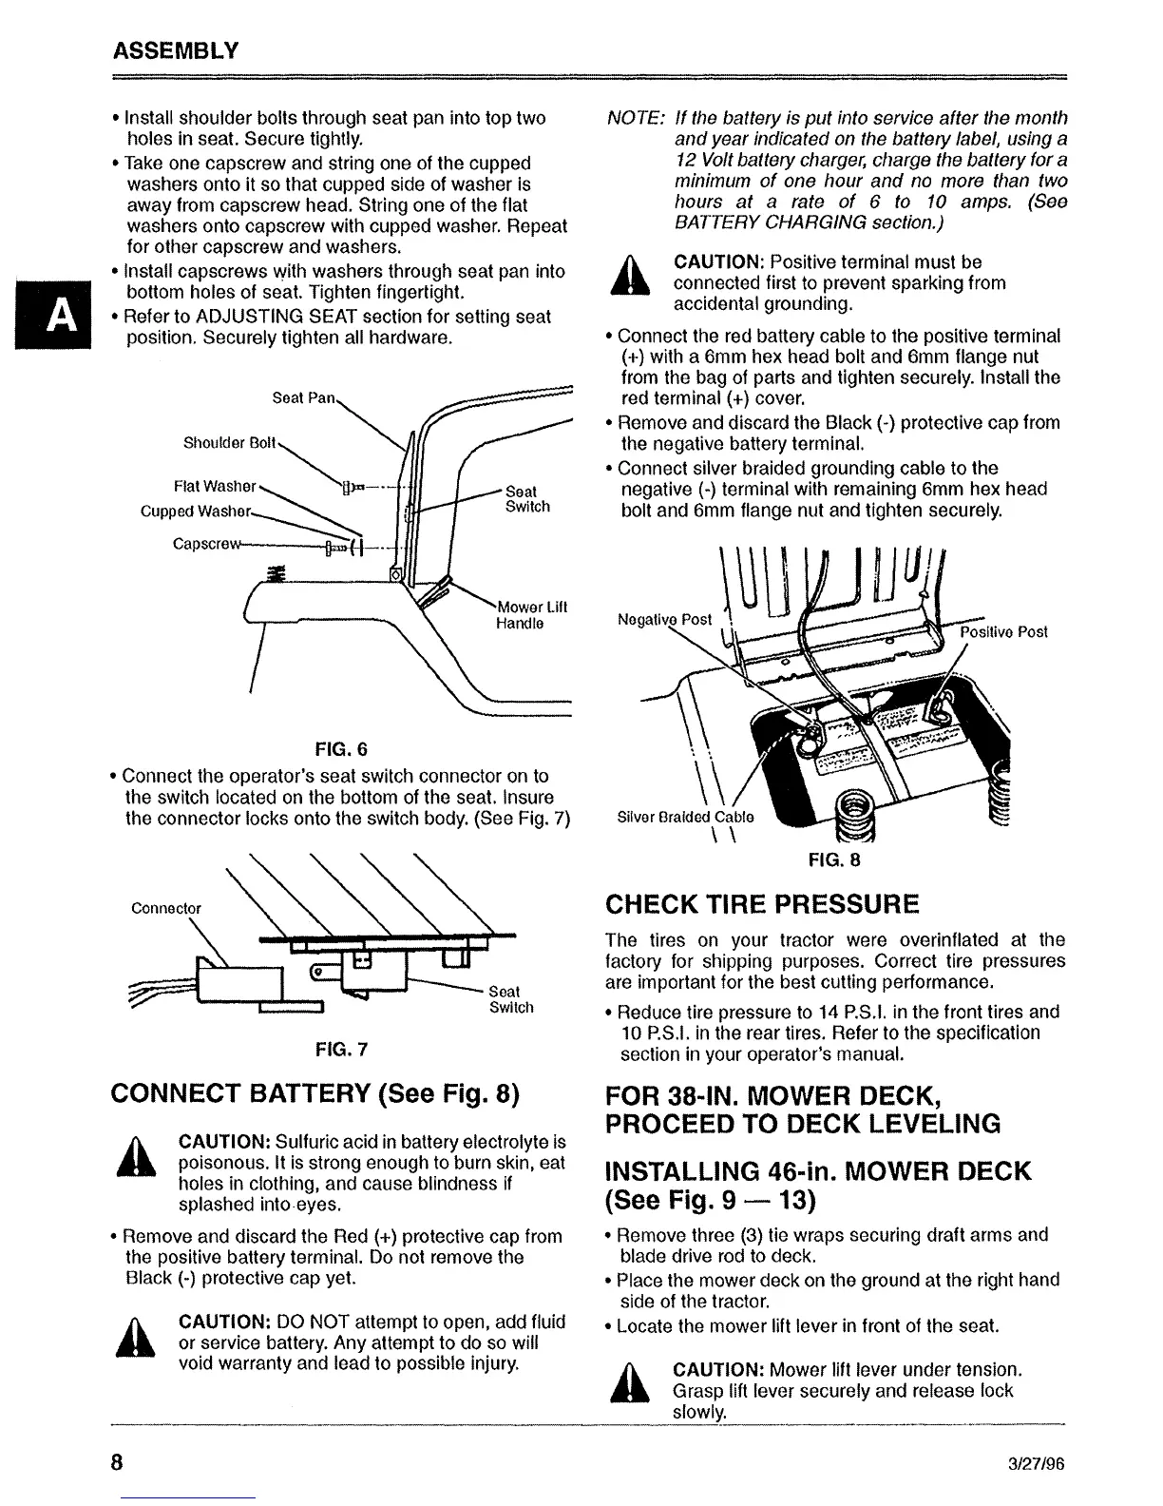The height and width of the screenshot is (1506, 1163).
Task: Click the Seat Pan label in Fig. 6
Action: (x=303, y=397)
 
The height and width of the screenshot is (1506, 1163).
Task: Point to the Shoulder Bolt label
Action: (x=229, y=443)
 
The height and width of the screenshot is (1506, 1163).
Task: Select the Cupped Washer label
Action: (x=196, y=512)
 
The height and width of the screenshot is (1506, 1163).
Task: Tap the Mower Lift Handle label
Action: (x=531, y=615)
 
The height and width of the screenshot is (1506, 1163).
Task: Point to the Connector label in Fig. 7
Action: (x=166, y=908)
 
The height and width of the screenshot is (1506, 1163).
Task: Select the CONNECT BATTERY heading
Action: (x=315, y=1094)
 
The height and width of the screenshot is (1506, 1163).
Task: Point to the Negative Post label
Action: (x=664, y=619)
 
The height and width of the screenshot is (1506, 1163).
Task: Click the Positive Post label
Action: (x=1003, y=632)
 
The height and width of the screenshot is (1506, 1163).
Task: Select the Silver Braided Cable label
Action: (x=685, y=817)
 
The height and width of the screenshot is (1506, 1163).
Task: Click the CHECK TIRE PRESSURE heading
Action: (x=763, y=903)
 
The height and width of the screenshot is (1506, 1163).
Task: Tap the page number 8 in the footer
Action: (x=117, y=1462)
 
